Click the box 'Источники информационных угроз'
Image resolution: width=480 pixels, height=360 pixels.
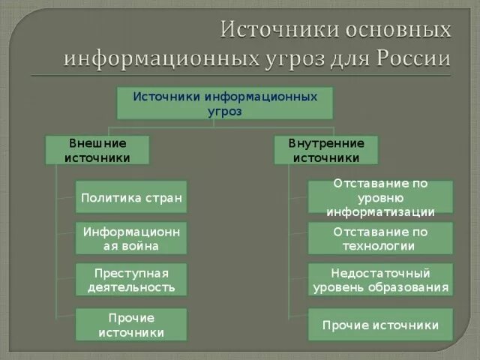[x=225, y=103]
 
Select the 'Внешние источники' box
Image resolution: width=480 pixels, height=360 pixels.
[x=97, y=150]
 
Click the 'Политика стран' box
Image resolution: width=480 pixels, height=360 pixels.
[x=131, y=197]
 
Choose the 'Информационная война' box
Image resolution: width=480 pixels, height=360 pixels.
[x=131, y=238]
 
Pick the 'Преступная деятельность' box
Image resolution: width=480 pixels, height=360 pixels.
[x=131, y=279]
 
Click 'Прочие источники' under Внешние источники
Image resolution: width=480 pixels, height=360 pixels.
[x=131, y=325]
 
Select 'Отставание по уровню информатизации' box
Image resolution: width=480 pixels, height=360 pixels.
[x=380, y=197]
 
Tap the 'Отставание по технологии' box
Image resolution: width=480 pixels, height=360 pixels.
[x=380, y=238]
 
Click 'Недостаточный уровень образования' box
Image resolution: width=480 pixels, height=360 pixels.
[x=380, y=279]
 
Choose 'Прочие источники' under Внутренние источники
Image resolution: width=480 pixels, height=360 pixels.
[x=380, y=325]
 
